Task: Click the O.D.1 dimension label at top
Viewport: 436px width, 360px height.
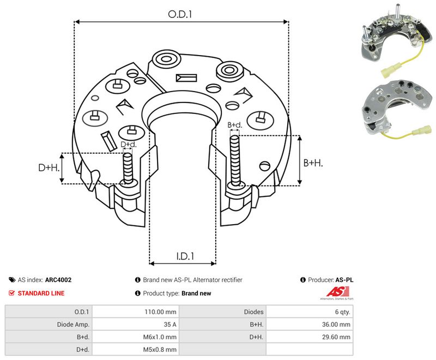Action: click(x=180, y=14)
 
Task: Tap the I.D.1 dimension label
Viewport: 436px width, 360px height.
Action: click(x=185, y=256)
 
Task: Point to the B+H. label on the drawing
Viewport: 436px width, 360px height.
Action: click(x=313, y=163)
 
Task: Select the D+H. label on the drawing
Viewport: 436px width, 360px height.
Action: click(x=49, y=167)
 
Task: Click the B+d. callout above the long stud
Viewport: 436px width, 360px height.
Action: click(x=235, y=125)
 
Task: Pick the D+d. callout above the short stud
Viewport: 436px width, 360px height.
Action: click(x=129, y=145)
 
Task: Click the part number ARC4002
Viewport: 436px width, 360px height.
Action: click(x=58, y=280)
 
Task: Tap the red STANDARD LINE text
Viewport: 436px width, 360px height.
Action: click(x=41, y=293)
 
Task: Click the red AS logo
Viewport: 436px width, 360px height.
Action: click(x=337, y=292)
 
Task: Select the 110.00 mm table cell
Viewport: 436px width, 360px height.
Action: click(x=136, y=312)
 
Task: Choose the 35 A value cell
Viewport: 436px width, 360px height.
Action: click(x=136, y=325)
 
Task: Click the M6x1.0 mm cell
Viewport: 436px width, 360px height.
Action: click(x=136, y=337)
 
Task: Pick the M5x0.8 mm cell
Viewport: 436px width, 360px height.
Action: click(x=136, y=350)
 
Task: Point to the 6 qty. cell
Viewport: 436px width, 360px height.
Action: click(x=310, y=312)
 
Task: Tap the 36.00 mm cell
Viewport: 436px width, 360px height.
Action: click(x=310, y=325)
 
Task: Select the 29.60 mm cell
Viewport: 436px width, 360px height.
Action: click(x=310, y=337)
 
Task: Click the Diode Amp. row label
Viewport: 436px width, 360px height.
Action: click(x=73, y=325)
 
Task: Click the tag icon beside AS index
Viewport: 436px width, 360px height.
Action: click(x=12, y=280)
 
